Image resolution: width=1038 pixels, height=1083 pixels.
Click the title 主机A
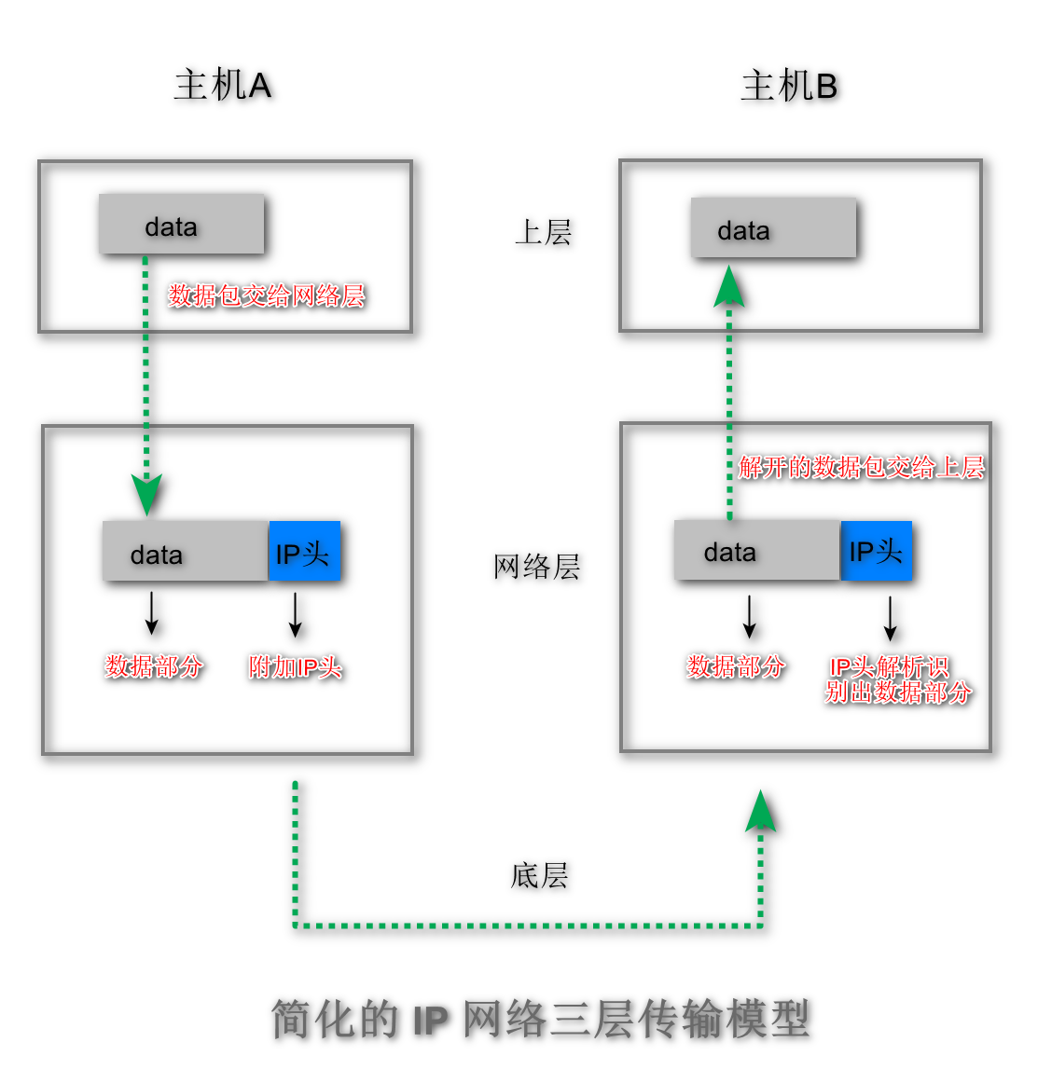click(222, 86)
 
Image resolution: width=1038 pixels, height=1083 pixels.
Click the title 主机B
click(789, 87)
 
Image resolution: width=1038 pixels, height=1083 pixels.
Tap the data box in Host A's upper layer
click(181, 225)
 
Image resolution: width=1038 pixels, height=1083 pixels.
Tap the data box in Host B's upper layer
click(772, 228)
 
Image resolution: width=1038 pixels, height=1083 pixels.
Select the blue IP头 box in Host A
click(304, 553)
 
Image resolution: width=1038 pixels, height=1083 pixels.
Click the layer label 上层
click(543, 232)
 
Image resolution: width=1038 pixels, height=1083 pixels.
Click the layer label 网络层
click(536, 566)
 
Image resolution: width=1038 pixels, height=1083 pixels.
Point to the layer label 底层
click(539, 875)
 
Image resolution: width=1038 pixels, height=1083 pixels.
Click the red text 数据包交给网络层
click(266, 295)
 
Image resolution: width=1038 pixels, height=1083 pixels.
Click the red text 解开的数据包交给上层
click(861, 467)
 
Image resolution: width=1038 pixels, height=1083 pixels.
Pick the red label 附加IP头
click(295, 666)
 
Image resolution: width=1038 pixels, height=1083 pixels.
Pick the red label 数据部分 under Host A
click(154, 665)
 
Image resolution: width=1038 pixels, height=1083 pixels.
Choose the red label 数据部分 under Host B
click(736, 665)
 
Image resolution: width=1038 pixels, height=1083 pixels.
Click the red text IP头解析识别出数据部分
click(896, 679)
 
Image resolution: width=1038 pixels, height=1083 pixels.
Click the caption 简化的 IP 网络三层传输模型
click(541, 1019)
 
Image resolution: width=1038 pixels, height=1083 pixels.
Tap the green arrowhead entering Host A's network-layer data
click(146, 494)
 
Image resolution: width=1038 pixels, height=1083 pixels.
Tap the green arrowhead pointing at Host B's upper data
click(729, 287)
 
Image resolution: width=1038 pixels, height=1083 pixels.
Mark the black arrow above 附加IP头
click(295, 615)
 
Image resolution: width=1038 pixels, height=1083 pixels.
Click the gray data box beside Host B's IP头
click(756, 552)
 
